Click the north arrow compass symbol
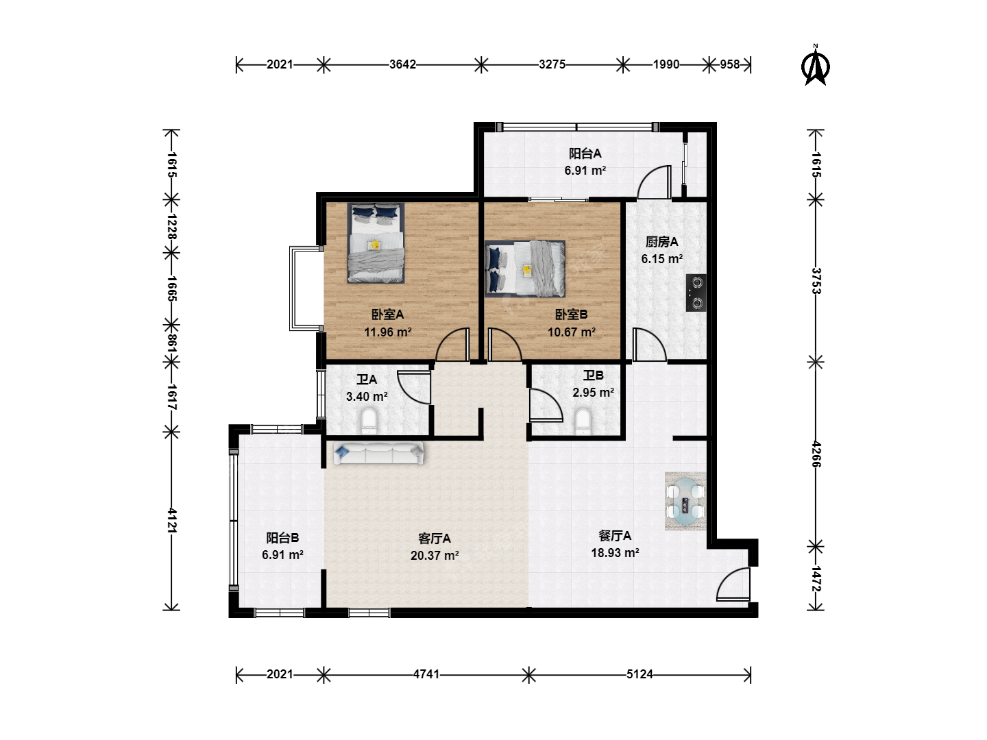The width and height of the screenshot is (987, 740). tap(815, 66)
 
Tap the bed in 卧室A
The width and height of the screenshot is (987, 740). tap(376, 243)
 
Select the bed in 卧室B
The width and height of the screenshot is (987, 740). tap(525, 269)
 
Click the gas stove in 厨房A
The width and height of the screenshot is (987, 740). tap(696, 293)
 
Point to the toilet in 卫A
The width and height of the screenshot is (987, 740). tap(369, 421)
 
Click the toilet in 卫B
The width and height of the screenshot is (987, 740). tap(583, 421)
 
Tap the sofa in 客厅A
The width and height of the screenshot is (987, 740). tap(378, 453)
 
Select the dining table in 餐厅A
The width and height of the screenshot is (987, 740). tap(685, 501)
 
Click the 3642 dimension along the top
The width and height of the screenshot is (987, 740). tap(402, 64)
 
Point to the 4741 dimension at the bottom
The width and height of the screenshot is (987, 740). tap(426, 674)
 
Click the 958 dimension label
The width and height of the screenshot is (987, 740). tap(729, 64)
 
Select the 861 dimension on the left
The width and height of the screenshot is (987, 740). tap(172, 343)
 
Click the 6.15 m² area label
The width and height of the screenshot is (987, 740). tap(662, 259)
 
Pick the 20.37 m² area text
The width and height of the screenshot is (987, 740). tap(435, 556)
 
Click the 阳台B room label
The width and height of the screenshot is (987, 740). tap(282, 538)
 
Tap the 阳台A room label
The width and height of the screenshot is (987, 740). tap(585, 153)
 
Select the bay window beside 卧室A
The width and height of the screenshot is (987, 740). tap(305, 288)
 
